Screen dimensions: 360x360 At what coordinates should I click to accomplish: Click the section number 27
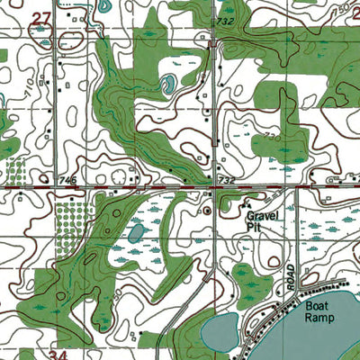pos(40,17)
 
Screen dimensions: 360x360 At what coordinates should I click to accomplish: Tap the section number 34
pos(58,355)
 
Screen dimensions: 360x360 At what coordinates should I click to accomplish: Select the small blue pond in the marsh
pos(136,233)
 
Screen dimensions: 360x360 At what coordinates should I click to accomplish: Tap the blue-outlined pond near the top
pos(167,86)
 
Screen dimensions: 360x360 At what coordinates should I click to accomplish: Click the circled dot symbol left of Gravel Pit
pos(208,211)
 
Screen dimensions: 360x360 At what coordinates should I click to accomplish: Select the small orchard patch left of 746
pos(15,171)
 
